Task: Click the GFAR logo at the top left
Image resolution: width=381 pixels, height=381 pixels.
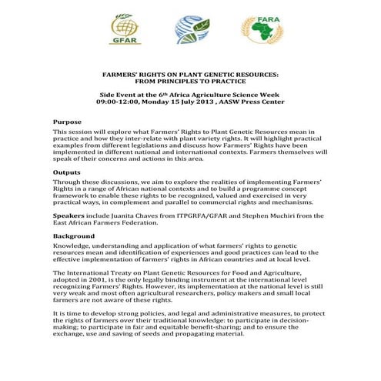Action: point(125,32)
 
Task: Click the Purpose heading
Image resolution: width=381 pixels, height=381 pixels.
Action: point(67,122)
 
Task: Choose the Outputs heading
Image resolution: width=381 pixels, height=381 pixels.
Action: point(67,172)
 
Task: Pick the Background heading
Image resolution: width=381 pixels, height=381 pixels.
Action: point(74,235)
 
